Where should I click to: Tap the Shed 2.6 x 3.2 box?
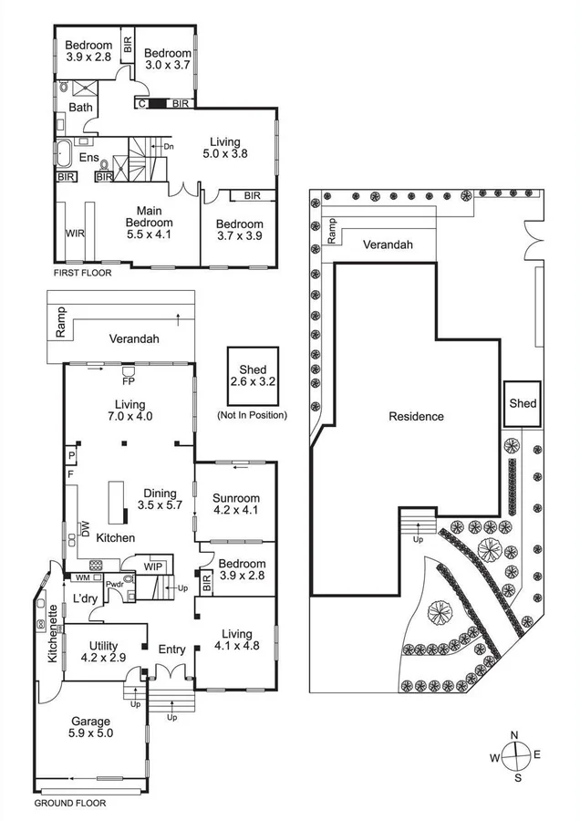pos(254,374)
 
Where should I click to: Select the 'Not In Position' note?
pos(254,415)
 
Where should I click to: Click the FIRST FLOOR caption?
pos(83,274)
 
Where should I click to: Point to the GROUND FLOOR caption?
pos(70,804)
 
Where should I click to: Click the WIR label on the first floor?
pos(76,234)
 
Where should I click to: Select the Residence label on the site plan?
pos(416,416)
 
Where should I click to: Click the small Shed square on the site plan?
pos(523,403)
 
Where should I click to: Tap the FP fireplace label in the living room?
pos(128,382)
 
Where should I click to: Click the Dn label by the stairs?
pos(168,147)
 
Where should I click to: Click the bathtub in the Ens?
pos(68,151)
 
